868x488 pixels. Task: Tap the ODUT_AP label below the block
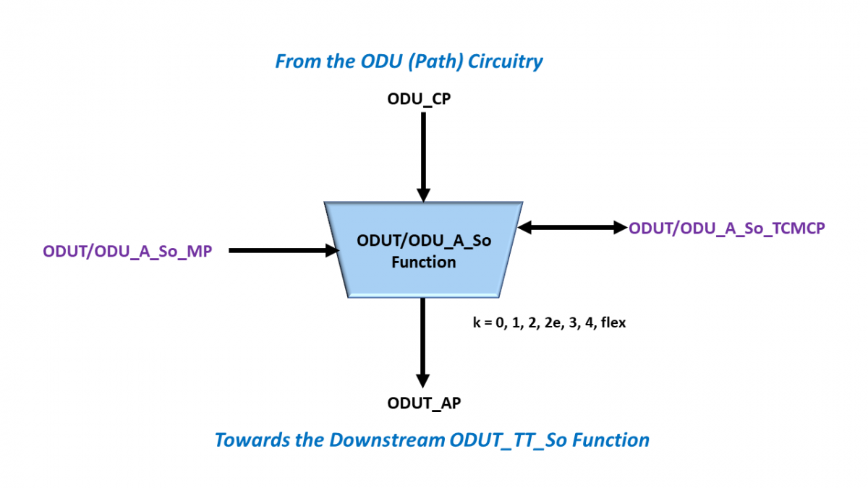pyautogui.click(x=424, y=403)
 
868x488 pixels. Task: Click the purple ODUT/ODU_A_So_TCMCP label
pyautogui.click(x=727, y=228)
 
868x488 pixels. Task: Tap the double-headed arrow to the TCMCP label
pyautogui.click(x=572, y=228)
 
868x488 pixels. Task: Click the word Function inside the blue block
pyautogui.click(x=424, y=262)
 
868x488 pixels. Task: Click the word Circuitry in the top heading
pyautogui.click(x=506, y=61)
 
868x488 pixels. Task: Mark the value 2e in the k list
pyautogui.click(x=553, y=322)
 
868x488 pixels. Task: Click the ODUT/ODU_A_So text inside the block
pyautogui.click(x=424, y=241)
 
